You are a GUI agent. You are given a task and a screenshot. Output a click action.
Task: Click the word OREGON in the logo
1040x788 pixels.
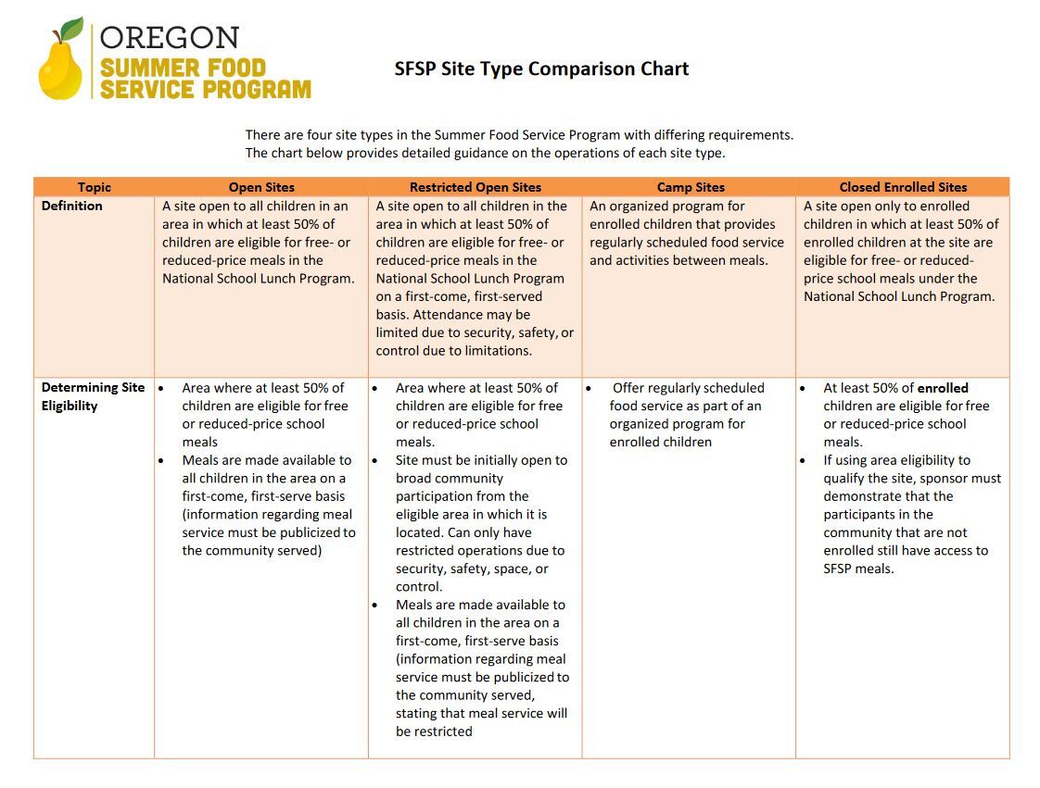(x=170, y=38)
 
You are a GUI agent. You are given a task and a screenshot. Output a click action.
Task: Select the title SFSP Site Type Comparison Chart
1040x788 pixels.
(x=541, y=69)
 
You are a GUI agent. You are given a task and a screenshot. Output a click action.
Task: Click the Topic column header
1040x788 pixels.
(x=94, y=187)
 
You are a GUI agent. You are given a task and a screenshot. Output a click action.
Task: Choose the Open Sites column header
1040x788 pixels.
(x=261, y=187)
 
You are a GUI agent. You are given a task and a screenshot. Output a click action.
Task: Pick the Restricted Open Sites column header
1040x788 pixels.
(x=475, y=187)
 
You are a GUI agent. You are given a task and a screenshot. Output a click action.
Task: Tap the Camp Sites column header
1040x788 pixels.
(x=691, y=187)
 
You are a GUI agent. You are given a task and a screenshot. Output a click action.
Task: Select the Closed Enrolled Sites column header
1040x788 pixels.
(x=903, y=187)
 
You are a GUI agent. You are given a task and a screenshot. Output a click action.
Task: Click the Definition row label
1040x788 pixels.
(x=72, y=206)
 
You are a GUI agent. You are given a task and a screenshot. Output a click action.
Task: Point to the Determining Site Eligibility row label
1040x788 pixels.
(x=93, y=396)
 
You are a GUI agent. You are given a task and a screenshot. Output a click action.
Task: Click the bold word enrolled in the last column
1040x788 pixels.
(x=942, y=388)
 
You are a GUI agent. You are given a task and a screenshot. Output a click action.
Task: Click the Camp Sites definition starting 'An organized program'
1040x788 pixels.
(x=686, y=233)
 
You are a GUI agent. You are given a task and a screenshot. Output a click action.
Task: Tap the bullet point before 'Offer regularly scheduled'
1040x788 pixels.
(x=589, y=388)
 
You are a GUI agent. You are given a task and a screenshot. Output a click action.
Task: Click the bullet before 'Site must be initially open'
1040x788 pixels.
(x=375, y=460)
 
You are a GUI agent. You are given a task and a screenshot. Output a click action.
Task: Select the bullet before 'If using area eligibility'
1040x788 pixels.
(x=803, y=460)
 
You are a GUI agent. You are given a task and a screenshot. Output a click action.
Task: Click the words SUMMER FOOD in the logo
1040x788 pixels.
(x=183, y=69)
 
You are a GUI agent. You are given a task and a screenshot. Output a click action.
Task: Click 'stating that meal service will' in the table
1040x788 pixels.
(x=481, y=713)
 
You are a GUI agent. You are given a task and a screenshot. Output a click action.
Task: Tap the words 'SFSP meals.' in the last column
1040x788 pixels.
(x=858, y=569)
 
